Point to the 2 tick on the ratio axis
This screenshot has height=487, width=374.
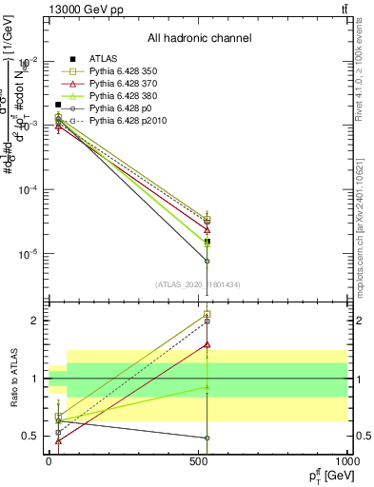(34, 321)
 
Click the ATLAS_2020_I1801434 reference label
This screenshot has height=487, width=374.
(199, 283)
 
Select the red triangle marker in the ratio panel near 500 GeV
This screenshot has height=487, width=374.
(207, 345)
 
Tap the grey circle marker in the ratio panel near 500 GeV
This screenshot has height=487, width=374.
(207, 438)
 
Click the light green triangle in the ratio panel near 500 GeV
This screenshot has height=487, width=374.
(207, 387)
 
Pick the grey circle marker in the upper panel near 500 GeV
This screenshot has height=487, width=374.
(207, 262)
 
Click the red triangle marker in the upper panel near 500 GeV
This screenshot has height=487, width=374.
(207, 229)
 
